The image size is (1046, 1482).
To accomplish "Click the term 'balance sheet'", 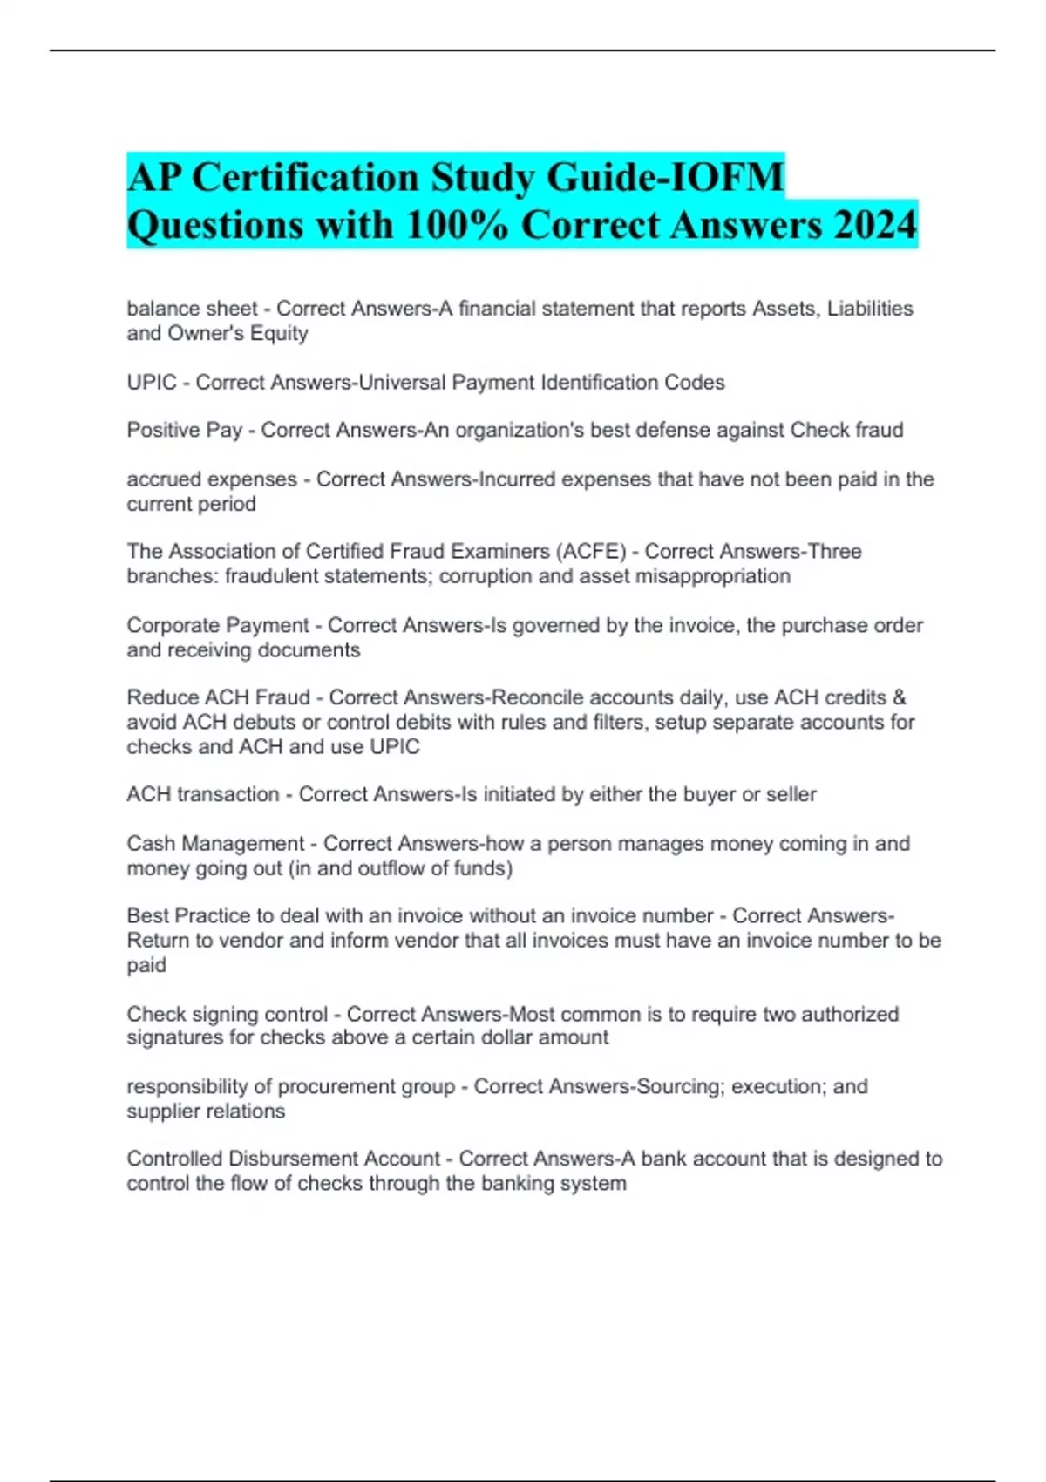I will click(192, 309).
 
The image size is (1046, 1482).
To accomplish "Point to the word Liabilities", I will click(869, 309).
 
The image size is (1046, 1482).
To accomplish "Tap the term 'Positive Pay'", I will click(184, 430).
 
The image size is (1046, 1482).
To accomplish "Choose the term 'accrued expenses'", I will click(212, 479).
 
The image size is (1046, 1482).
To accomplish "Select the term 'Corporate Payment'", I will click(218, 625).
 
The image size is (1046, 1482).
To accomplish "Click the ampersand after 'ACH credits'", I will click(900, 697).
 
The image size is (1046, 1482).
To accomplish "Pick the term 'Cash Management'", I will click(215, 843).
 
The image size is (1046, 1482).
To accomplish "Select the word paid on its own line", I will click(146, 965).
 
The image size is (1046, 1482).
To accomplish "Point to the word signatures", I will click(174, 1037).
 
